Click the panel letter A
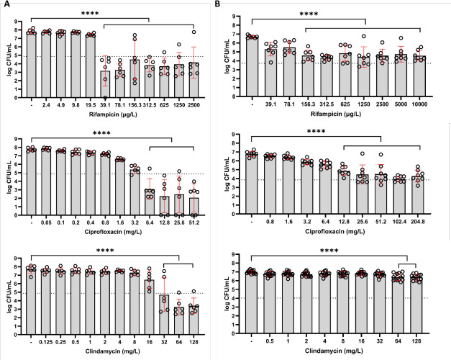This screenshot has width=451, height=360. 5,5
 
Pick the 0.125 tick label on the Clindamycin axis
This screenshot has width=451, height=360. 46,333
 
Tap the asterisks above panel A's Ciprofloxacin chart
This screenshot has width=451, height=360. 101,131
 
